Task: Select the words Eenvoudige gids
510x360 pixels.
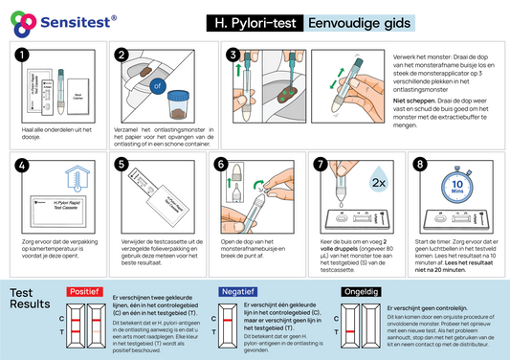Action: coord(347,22)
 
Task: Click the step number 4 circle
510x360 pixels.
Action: coord(23,165)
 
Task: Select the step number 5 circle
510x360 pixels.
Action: coord(122,165)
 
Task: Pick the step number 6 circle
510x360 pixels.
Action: coord(222,165)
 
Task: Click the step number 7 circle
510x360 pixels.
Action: coord(321,165)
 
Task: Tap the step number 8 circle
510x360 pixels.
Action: coord(419,165)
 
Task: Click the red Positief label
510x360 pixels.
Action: coord(83,291)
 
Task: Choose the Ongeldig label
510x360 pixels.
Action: coord(361,291)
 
